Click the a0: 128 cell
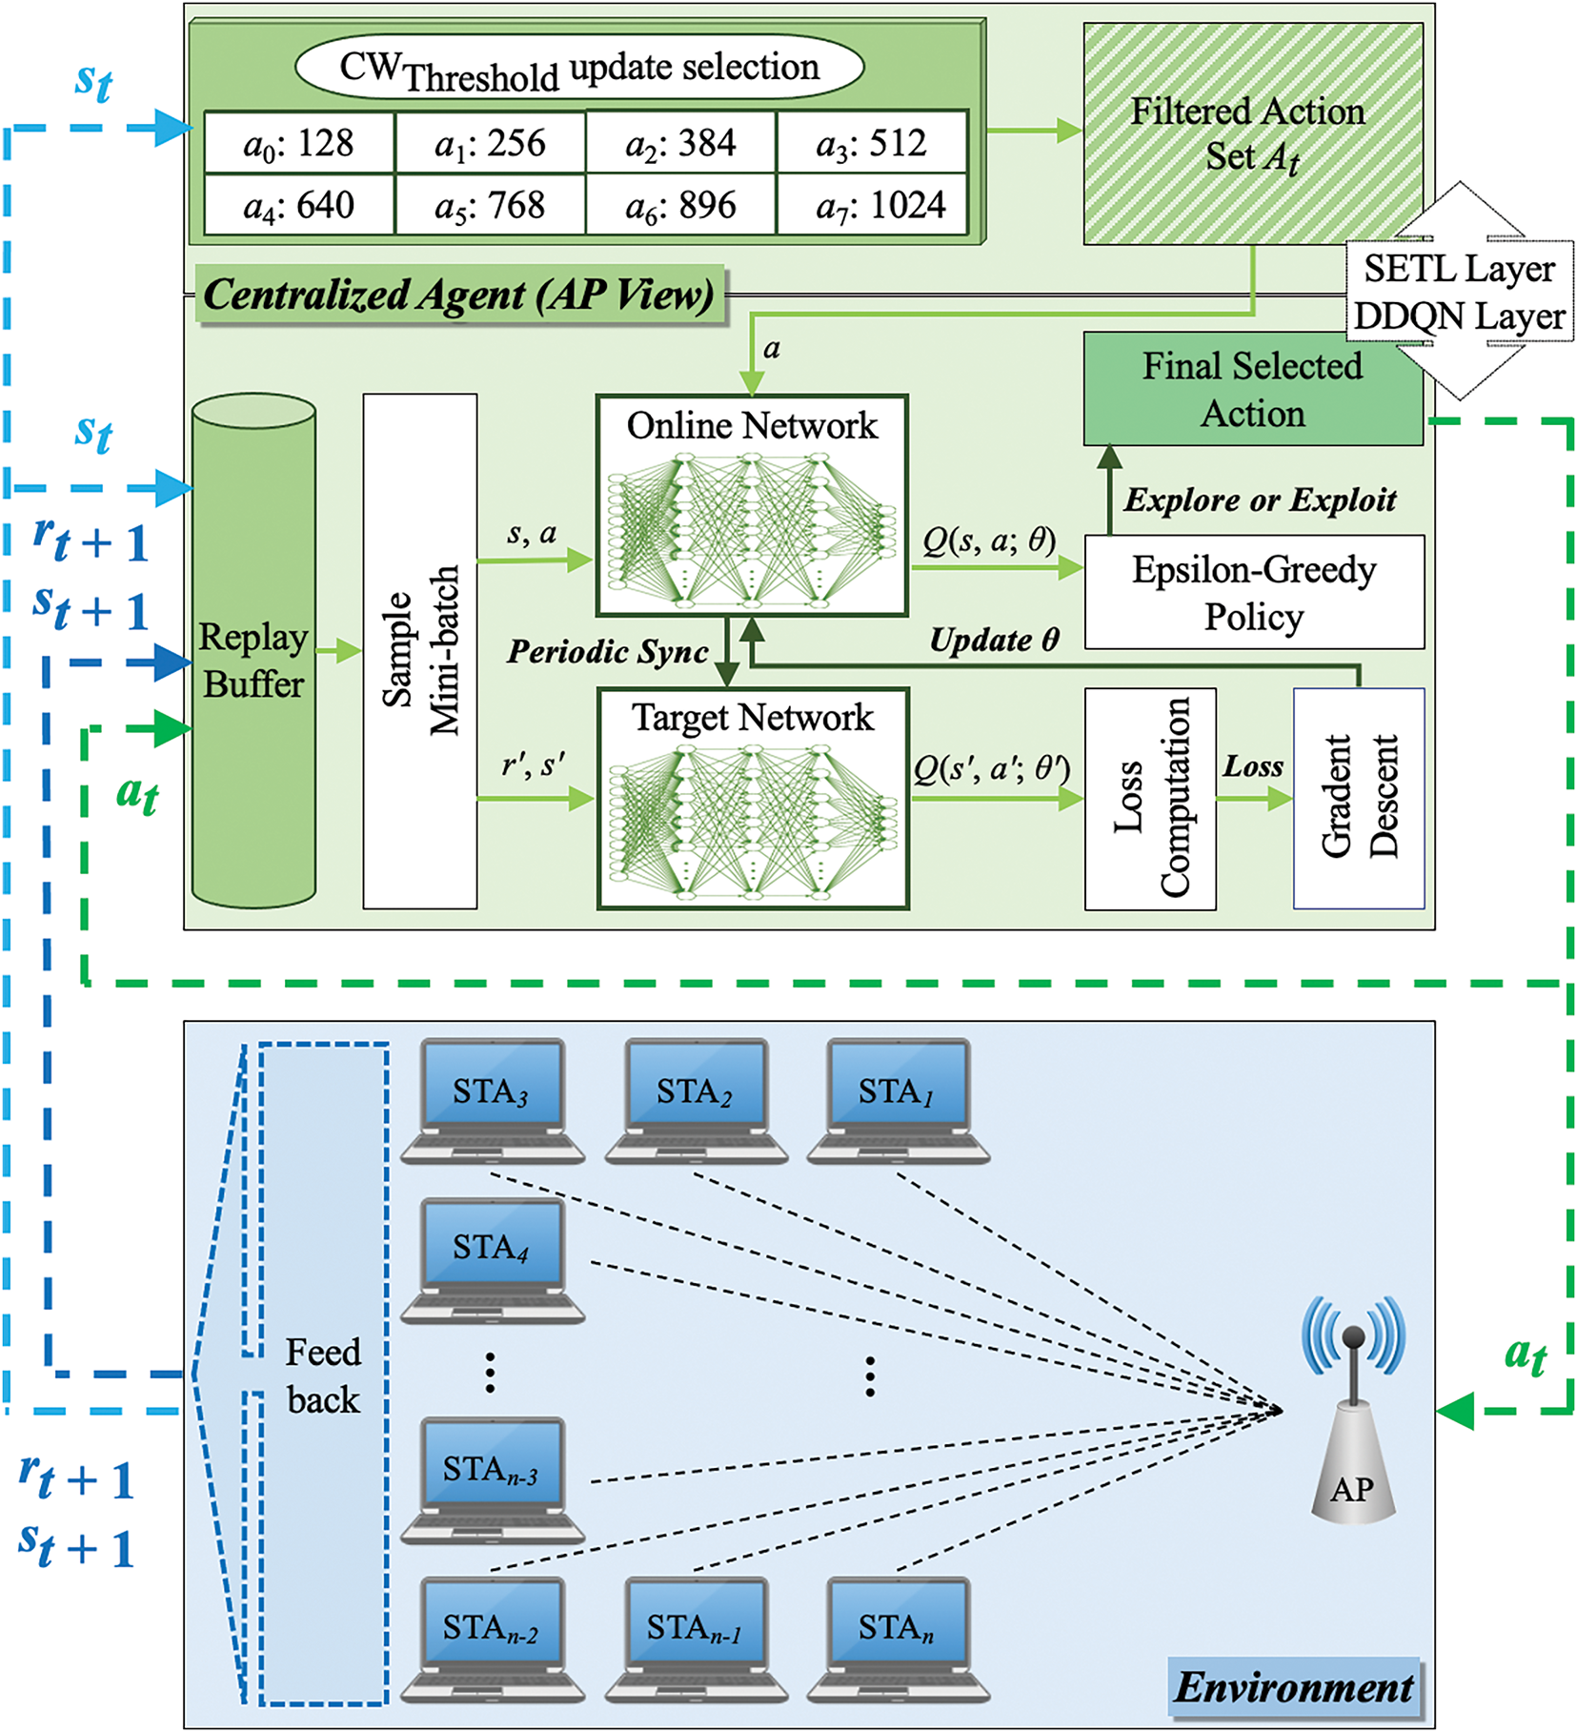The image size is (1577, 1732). pos(299,143)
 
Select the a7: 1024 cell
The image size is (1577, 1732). pos(872,205)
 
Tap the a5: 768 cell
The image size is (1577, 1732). pos(490,205)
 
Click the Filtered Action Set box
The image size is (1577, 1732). pos(1252,133)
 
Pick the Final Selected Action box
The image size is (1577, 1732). pos(1252,389)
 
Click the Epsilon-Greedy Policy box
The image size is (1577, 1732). pos(1254,592)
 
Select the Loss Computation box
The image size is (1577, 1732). pos(1150,798)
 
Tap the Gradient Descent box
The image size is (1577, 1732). pos(1359,798)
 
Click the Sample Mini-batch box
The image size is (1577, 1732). pos(420,652)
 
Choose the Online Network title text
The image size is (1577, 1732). pos(752,425)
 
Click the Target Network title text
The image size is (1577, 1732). pos(752,718)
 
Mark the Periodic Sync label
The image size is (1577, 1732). pos(607,652)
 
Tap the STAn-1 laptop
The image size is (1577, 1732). pos(696,1639)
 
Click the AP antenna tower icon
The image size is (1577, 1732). pos(1353,1411)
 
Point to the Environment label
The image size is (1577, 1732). pos(1293,1687)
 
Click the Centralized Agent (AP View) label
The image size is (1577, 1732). pos(458,295)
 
